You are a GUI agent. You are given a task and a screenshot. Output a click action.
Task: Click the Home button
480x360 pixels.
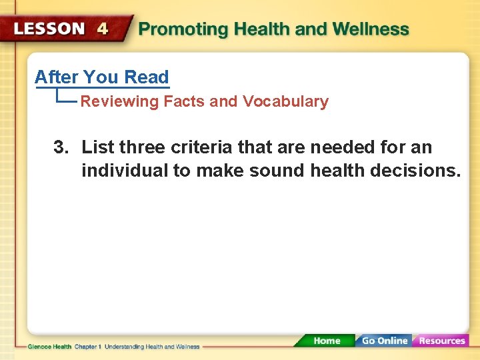tap(326, 341)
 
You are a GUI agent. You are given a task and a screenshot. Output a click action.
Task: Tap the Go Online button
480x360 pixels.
tap(384, 341)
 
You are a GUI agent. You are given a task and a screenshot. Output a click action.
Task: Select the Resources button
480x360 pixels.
tap(441, 341)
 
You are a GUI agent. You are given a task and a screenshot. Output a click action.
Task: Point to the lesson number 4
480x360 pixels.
tap(103, 29)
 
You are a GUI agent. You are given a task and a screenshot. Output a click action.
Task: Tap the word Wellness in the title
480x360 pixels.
tap(371, 30)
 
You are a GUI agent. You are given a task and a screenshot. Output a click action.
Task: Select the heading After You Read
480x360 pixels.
tap(102, 77)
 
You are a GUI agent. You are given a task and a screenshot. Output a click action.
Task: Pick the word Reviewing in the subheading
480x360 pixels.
tap(120, 102)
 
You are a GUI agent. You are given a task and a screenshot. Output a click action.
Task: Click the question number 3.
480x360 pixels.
tap(61, 147)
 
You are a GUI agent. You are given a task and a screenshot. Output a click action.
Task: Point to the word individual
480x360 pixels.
tap(125, 171)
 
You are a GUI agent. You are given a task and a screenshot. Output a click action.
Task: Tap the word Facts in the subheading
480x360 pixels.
tap(185, 102)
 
